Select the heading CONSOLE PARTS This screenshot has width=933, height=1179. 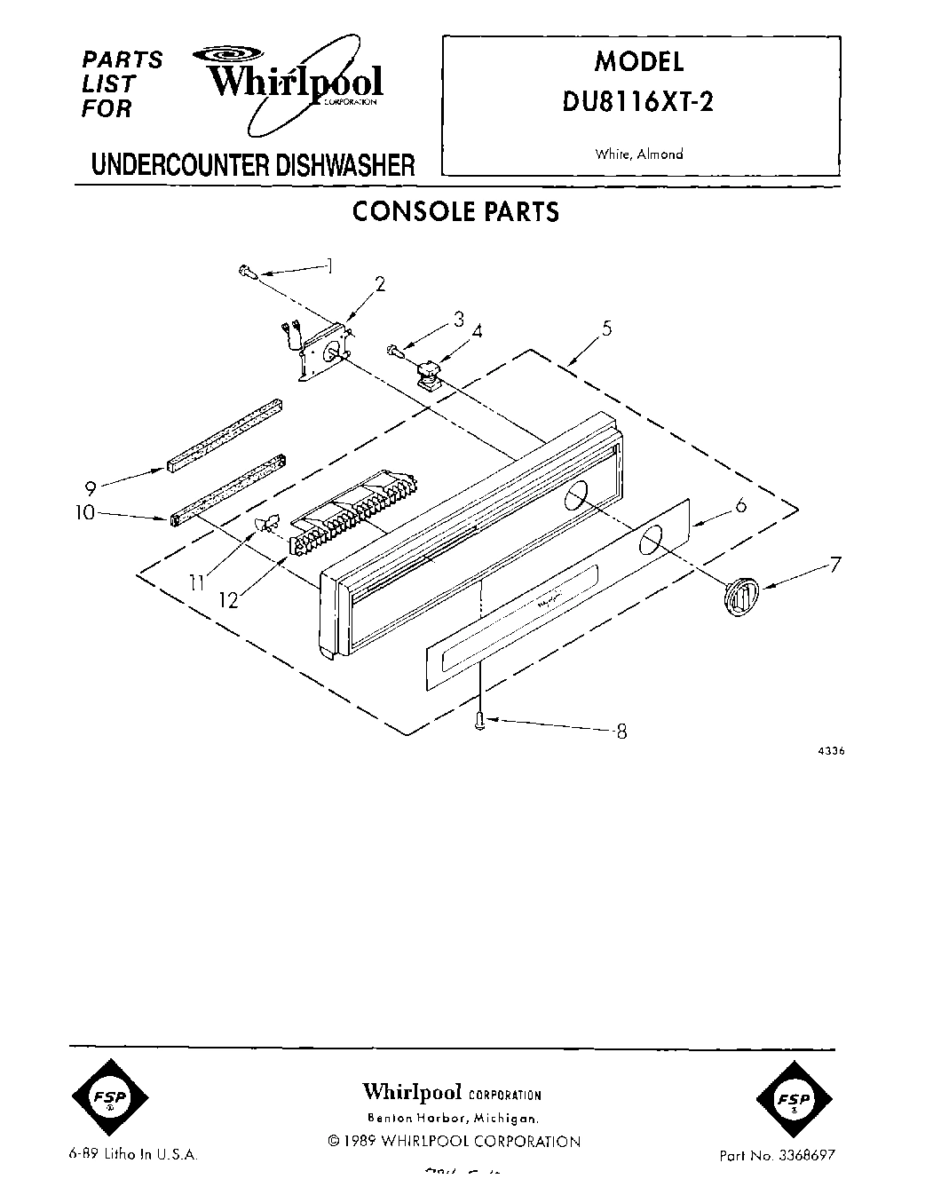pyautogui.click(x=455, y=212)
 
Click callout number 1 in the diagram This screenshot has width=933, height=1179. pyautogui.click(x=329, y=264)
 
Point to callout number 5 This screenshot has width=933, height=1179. pyautogui.click(x=606, y=328)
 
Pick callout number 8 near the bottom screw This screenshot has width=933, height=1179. pyautogui.click(x=621, y=732)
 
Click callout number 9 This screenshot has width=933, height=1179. pyautogui.click(x=90, y=487)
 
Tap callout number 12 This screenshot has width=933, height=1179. pyautogui.click(x=229, y=600)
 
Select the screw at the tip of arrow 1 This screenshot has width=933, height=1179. pyautogui.click(x=248, y=274)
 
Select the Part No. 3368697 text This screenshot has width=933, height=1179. pyautogui.click(x=777, y=1156)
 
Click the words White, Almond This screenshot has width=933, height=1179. pyautogui.click(x=639, y=154)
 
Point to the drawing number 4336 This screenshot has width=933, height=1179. pyautogui.click(x=830, y=750)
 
